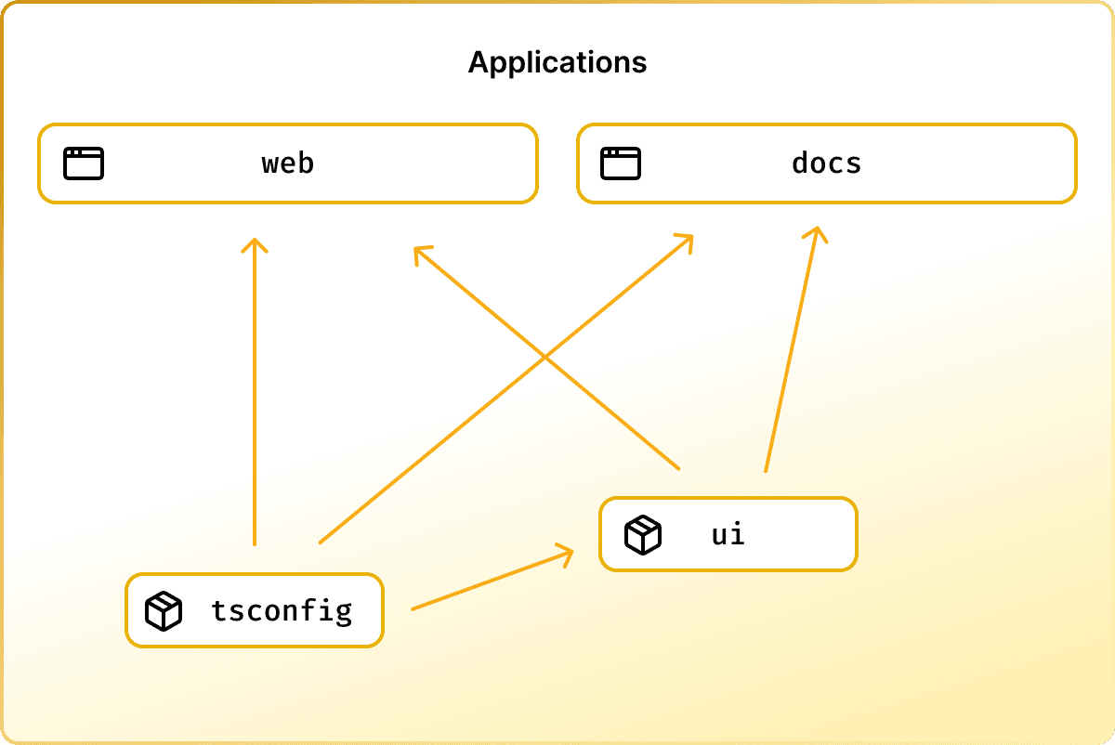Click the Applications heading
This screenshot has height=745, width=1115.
click(x=557, y=62)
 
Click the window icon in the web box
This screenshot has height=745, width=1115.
click(x=84, y=163)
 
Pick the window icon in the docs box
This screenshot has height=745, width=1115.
click(x=621, y=163)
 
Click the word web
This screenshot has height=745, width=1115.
click(x=288, y=163)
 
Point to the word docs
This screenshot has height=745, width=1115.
click(x=827, y=163)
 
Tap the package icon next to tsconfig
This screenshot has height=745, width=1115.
click(x=164, y=611)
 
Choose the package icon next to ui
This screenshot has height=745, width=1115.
click(x=643, y=535)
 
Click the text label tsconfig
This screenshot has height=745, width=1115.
click(x=282, y=611)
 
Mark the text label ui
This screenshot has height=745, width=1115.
click(x=728, y=535)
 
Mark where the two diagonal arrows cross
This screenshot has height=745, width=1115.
click(x=544, y=356)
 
